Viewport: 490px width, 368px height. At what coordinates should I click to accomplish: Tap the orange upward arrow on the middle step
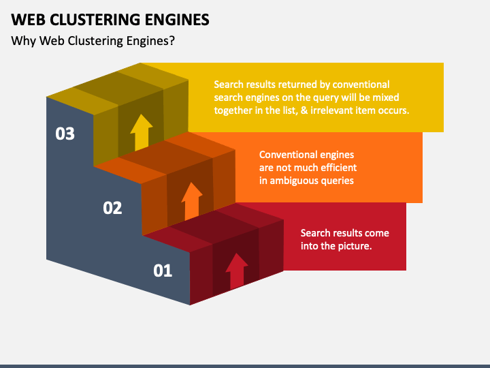point(192,201)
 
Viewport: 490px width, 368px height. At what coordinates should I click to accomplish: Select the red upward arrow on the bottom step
point(237,271)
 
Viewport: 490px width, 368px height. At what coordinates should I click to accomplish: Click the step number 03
point(65,134)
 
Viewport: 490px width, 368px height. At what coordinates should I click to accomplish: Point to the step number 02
point(112,208)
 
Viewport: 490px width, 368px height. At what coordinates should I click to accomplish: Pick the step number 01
point(163,271)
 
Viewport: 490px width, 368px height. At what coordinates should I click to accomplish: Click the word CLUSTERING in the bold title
point(95,20)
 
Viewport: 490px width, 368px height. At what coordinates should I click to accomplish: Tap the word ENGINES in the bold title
point(177,20)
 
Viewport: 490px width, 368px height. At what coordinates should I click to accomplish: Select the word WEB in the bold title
point(29,20)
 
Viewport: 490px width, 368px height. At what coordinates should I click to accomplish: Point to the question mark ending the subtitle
point(171,41)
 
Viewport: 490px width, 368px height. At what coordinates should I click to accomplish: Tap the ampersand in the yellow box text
point(304,110)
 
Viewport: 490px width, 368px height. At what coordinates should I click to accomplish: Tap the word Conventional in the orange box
point(285,155)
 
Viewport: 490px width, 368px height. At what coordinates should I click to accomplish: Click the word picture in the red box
point(354,246)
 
